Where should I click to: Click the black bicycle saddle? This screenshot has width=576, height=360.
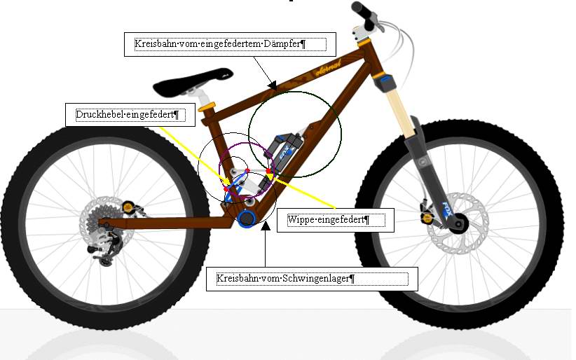point(193,82)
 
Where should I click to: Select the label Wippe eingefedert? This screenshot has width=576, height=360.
point(329,220)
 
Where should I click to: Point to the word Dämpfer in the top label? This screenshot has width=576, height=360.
point(285,43)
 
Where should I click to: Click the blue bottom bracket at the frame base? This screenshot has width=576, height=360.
point(246,219)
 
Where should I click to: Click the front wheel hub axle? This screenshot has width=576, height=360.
point(458,223)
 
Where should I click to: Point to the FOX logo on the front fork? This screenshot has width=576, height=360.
point(446,210)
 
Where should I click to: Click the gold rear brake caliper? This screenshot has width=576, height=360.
point(128,207)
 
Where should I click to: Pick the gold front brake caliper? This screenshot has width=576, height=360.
point(427,217)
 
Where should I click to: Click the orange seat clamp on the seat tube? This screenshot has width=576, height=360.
point(206,108)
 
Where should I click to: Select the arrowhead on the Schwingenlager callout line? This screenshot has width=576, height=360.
point(266,226)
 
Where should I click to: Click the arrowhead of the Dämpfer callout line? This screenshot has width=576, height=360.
point(272,86)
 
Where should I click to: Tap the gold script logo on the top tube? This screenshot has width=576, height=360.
point(328,68)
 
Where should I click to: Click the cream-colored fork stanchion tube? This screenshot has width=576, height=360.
point(399,111)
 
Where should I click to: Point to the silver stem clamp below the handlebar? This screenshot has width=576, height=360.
point(361,33)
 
